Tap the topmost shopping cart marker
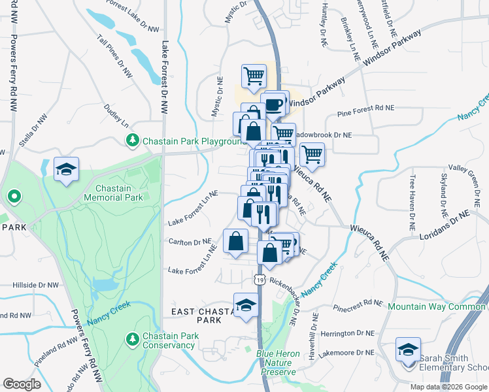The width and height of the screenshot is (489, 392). [x=254, y=75]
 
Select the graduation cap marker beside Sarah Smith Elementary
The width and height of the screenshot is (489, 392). [x=408, y=349]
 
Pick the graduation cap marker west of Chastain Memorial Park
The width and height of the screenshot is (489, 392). [x=66, y=169]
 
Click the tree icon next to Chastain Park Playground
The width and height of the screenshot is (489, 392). [x=133, y=140]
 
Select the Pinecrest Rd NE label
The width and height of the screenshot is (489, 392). [x=357, y=303]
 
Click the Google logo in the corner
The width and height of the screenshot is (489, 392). [x=22, y=384]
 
